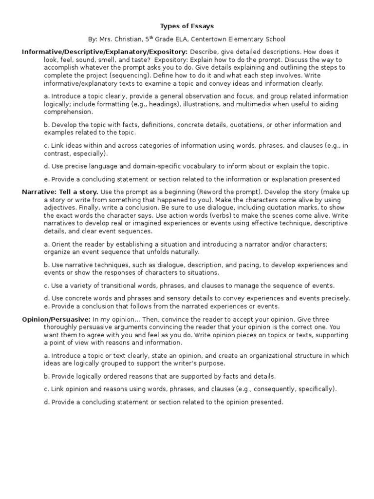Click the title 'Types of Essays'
tap(187, 26)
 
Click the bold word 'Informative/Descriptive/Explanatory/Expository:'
tap(105, 51)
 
